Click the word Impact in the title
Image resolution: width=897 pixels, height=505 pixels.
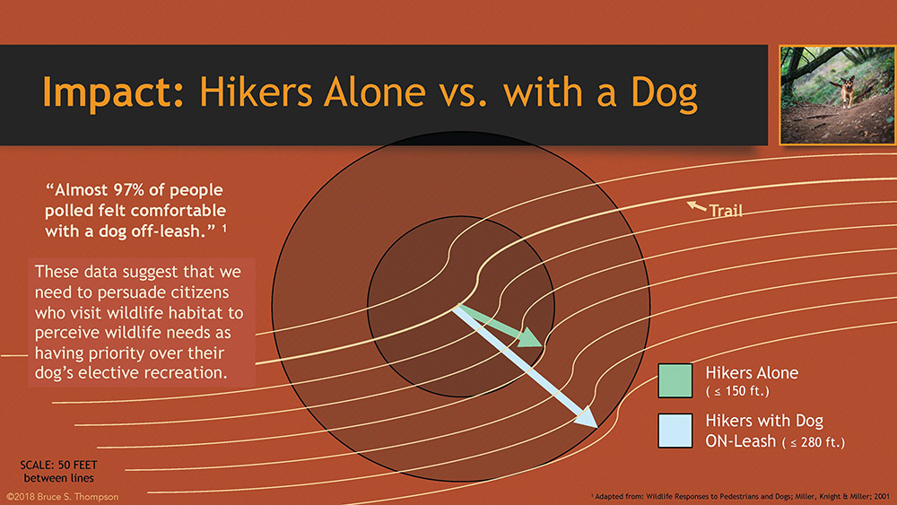113,92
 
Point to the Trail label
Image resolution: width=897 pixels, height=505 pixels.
726,211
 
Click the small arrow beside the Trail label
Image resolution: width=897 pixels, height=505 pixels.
696,206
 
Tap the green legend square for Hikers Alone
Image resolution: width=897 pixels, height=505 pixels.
675,380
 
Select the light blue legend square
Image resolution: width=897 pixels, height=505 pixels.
675,431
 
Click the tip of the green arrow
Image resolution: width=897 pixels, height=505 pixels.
542,345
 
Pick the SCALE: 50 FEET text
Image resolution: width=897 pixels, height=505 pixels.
59,465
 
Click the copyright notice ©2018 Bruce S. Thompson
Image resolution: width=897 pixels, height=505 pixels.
63,497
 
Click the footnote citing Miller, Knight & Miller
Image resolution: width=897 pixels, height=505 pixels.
740,496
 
